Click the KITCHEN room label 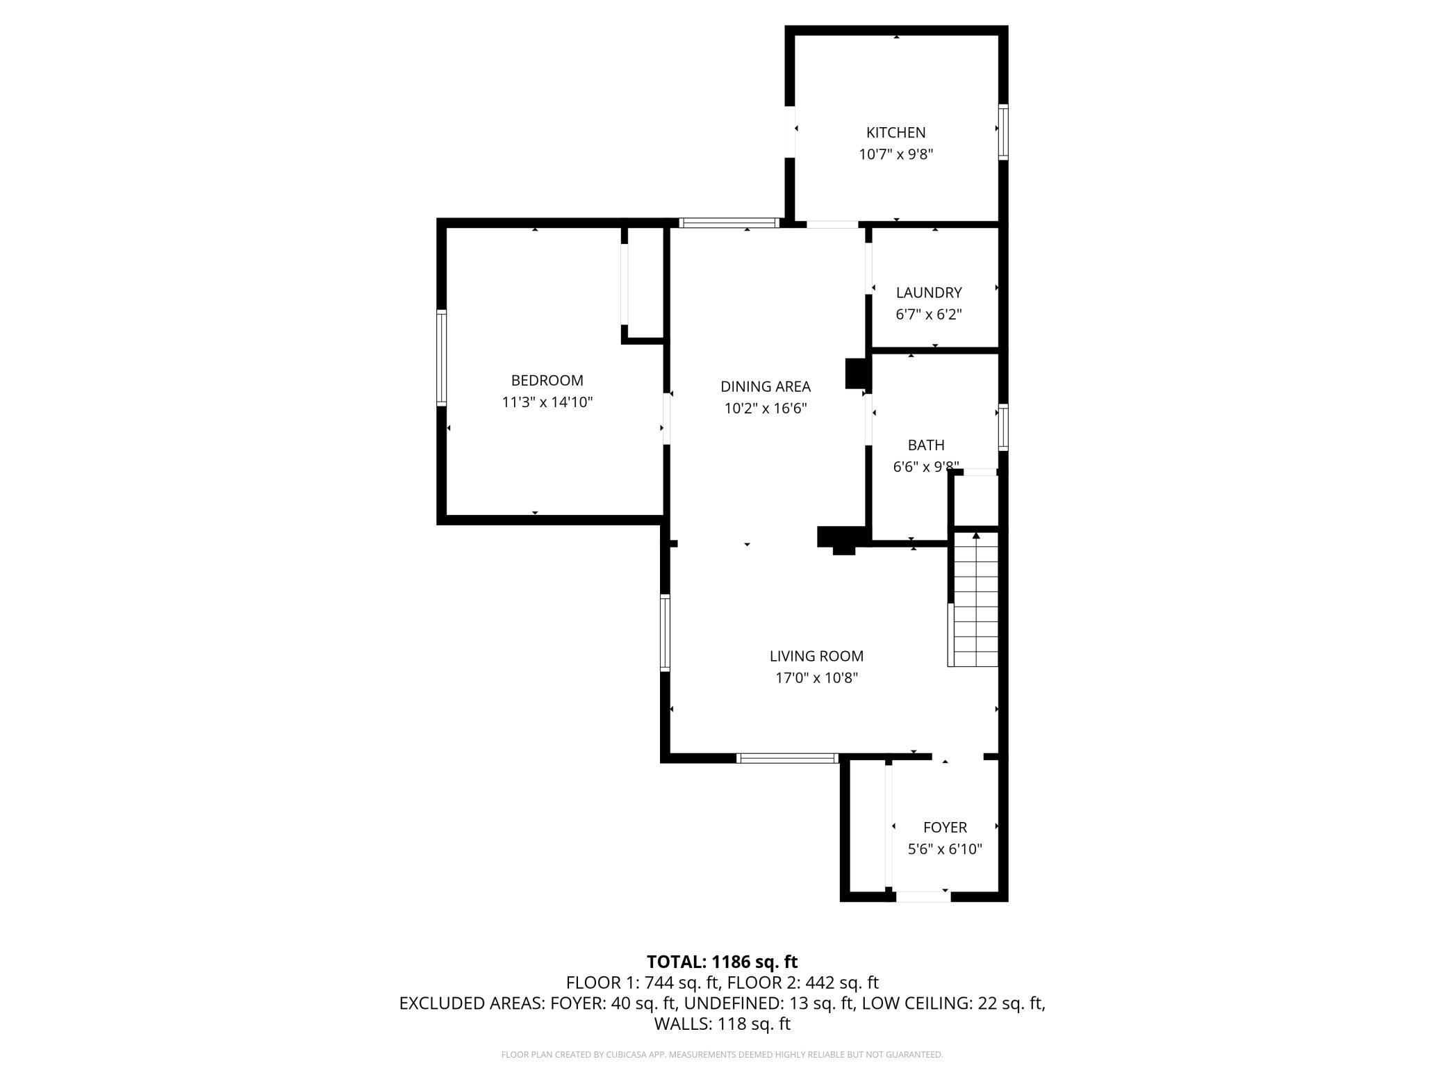(x=895, y=133)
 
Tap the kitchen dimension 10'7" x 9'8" (x=895, y=154)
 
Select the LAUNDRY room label (x=929, y=293)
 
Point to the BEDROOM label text (x=547, y=380)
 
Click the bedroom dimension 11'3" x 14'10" (x=547, y=402)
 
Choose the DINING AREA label (x=766, y=386)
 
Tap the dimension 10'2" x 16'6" (x=766, y=408)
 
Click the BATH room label (x=926, y=445)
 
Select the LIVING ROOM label (x=817, y=656)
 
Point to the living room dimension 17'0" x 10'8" (x=817, y=677)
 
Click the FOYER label (x=945, y=828)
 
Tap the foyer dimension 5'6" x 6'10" (x=945, y=849)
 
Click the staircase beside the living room (x=973, y=600)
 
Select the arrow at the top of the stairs (x=976, y=536)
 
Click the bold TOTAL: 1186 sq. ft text (x=722, y=962)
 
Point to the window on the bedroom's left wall (x=441, y=357)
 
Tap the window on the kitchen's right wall (x=1003, y=132)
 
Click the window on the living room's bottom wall (x=788, y=758)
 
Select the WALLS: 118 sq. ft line (x=722, y=1024)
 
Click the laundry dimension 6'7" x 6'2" (x=929, y=314)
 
